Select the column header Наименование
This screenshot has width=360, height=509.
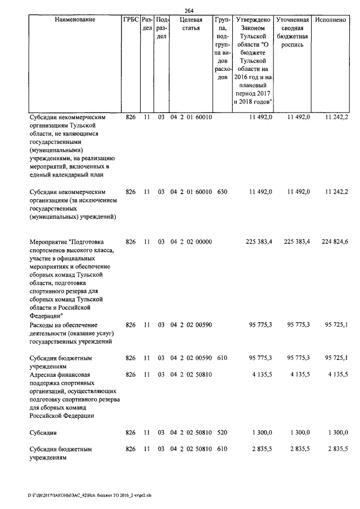pos(75,20)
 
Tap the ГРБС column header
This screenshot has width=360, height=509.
pos(130,20)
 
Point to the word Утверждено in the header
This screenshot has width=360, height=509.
pos(253,20)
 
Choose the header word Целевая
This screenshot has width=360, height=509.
pos(191,20)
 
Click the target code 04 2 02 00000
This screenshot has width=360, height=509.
pos(191,241)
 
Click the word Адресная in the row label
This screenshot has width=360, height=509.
pos(44,374)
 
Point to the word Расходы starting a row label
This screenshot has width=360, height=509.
pos(44,325)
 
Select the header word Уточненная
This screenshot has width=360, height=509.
pos(293,20)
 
